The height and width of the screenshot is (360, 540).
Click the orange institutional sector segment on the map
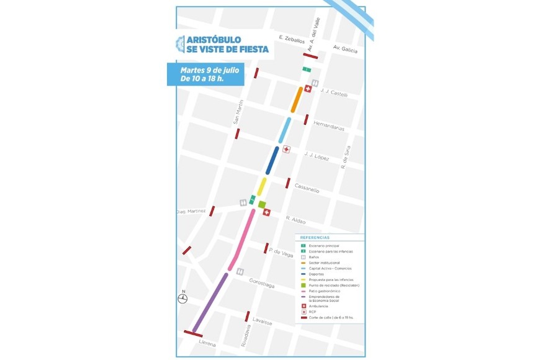[297, 99]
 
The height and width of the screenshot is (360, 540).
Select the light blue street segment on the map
[284, 130]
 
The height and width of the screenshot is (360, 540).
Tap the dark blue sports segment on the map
[272, 160]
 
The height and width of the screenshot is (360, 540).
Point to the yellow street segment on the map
[262, 186]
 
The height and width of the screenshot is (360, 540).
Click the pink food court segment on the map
[243, 240]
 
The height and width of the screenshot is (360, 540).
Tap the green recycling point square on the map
[262, 204]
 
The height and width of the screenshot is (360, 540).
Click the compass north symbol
[182, 299]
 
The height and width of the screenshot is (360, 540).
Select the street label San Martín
[237, 112]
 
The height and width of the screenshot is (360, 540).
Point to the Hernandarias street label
[329, 125]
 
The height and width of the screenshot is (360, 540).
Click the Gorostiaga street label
[261, 283]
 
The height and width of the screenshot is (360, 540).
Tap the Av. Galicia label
[346, 50]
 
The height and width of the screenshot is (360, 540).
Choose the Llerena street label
[207, 342]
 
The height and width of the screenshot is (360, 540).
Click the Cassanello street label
[307, 187]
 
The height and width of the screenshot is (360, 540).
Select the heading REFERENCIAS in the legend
[315, 238]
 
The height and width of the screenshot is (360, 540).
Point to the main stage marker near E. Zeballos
[307, 70]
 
